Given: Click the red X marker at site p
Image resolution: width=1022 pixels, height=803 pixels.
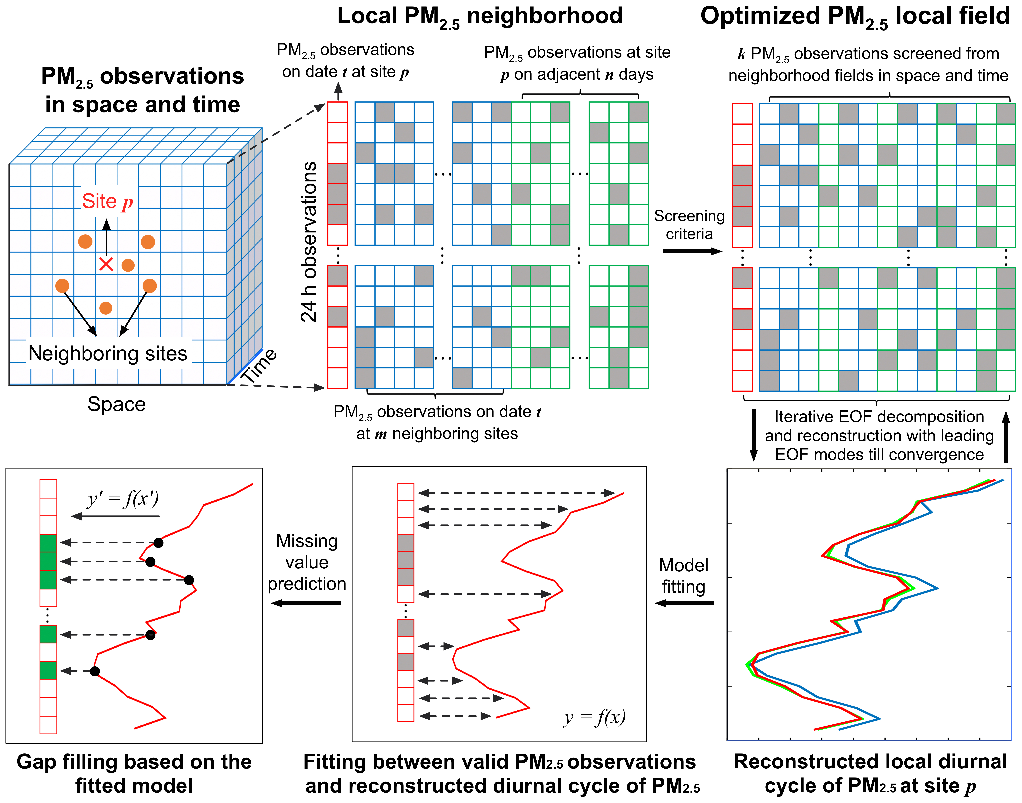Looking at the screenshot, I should tap(106, 264).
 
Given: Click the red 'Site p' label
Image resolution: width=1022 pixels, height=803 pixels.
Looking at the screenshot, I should tap(107, 201).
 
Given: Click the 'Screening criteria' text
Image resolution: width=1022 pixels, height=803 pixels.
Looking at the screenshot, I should tap(689, 225).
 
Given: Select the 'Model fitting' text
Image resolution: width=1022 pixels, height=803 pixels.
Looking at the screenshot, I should tap(684, 576).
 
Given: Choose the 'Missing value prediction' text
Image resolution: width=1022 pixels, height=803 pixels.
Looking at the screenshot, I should tap(307, 562).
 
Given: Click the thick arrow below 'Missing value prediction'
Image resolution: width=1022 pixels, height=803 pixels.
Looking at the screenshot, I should tap(306, 603).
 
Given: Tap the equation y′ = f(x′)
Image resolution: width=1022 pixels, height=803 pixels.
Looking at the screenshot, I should tap(123, 499).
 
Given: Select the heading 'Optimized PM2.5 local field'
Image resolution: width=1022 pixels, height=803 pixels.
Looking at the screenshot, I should tap(855, 16).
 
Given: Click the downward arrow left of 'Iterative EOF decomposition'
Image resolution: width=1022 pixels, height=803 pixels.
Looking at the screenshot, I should tap(754, 435).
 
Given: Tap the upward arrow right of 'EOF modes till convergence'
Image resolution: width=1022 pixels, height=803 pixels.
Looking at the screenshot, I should tap(1006, 437).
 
